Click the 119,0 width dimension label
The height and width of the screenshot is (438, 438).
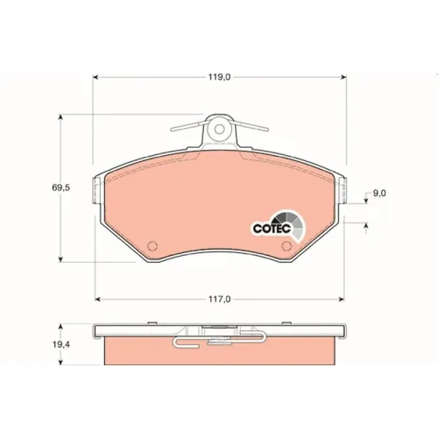(x=219, y=77)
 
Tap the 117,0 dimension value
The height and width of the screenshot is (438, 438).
(x=219, y=300)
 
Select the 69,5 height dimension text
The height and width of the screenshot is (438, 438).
(x=60, y=187)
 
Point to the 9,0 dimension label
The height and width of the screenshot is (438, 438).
(x=379, y=193)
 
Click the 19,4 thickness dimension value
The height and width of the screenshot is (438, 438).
(x=61, y=344)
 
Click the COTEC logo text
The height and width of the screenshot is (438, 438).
(x=272, y=228)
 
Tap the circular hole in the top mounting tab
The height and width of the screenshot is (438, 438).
(x=219, y=129)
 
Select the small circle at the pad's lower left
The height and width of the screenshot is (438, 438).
(x=152, y=246)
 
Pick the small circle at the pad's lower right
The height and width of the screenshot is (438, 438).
(x=286, y=246)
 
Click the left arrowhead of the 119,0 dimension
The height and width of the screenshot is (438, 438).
(x=95, y=77)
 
